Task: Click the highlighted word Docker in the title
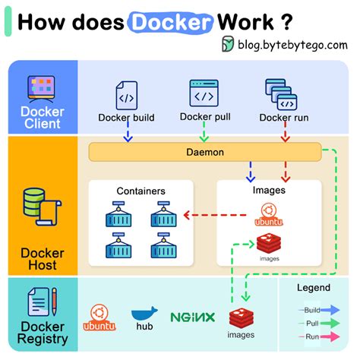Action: (170, 21)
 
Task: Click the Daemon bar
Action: (205, 152)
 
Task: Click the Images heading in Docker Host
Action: (268, 191)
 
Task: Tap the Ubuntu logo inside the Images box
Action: (267, 213)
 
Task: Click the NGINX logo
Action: (192, 317)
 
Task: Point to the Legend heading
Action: (313, 288)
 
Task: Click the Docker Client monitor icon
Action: (43, 87)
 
